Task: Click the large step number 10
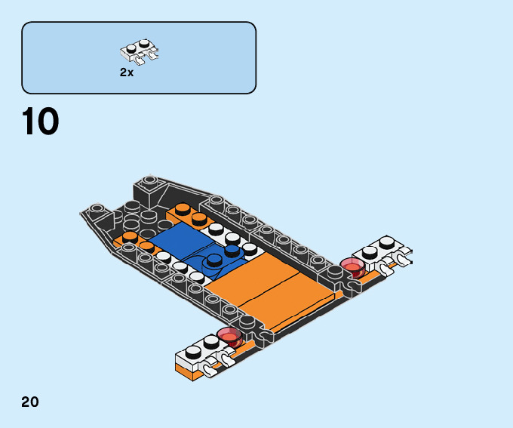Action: coord(41,122)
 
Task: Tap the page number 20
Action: coord(30,402)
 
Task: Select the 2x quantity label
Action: coord(126,72)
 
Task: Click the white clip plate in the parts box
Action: coord(140,50)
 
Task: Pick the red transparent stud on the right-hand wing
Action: coord(352,266)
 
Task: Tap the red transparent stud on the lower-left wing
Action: coord(229,337)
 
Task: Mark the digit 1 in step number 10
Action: coord(29,122)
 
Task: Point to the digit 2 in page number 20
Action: coord(26,402)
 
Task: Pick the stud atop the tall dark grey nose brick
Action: coord(149,181)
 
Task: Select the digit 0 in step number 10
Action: coord(47,122)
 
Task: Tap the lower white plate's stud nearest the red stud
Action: coord(211,343)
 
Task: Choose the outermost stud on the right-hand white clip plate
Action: coord(388,242)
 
